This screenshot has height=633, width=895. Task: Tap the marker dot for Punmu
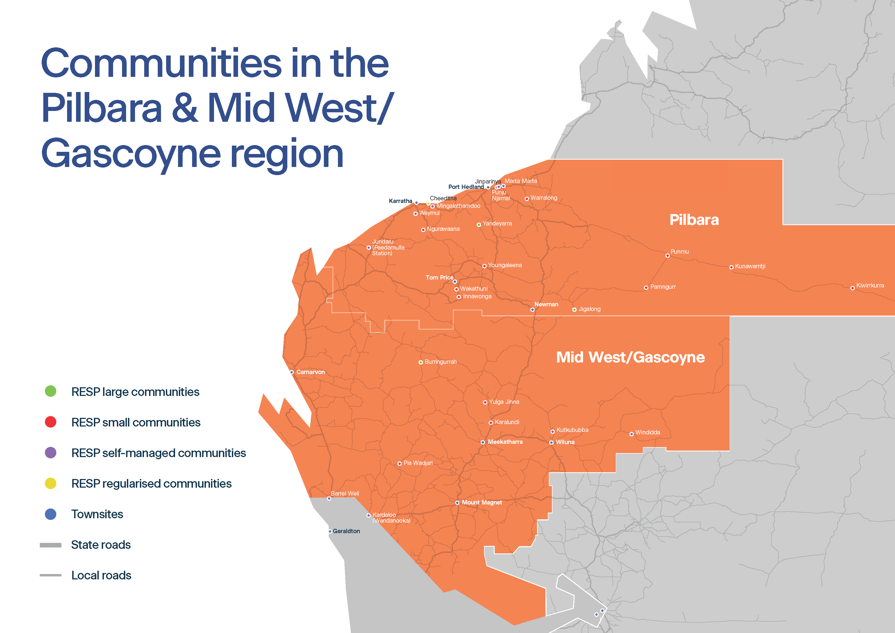pos(667,255)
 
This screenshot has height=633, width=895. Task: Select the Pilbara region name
pos(694,220)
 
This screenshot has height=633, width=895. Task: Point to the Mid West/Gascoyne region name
pos(630,357)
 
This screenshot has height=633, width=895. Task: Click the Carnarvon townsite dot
pos(292,372)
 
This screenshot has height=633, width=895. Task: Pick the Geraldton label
pos(346,531)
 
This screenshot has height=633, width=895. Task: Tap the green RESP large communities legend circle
pos(51,391)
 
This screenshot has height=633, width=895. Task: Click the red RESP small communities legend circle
pos(51,422)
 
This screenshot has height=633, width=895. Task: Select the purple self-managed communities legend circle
pos(51,453)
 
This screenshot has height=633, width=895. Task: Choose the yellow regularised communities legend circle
pos(51,484)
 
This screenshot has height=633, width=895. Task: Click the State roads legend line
pos(51,545)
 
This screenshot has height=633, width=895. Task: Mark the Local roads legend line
pos(51,575)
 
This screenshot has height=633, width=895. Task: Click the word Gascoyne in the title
pos(131,154)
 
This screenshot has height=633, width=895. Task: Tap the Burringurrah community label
pos(440,362)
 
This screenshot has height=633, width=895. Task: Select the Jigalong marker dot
pos(574,310)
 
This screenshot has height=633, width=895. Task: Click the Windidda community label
pos(647,432)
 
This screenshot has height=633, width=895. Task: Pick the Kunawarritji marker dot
pos(731,267)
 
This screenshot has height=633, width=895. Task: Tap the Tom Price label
pos(439,278)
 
